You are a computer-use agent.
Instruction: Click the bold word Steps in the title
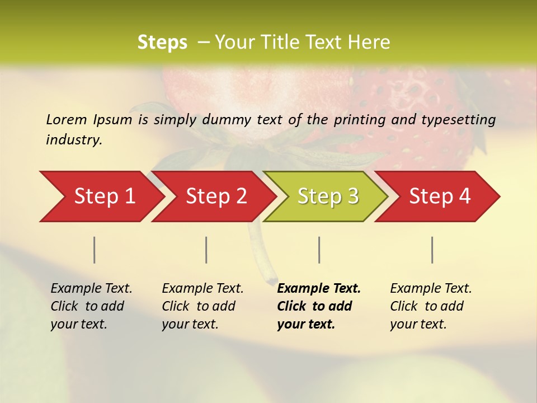click(162, 43)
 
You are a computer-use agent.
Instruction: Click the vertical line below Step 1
click(95, 250)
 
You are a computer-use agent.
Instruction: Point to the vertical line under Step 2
click(206, 250)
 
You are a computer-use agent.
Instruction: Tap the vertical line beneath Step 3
click(319, 250)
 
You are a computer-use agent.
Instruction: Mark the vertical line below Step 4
click(432, 250)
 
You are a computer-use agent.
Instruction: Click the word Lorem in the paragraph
click(67, 120)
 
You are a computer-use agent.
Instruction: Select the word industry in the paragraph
click(73, 140)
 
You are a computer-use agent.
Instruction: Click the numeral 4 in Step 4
click(464, 196)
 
